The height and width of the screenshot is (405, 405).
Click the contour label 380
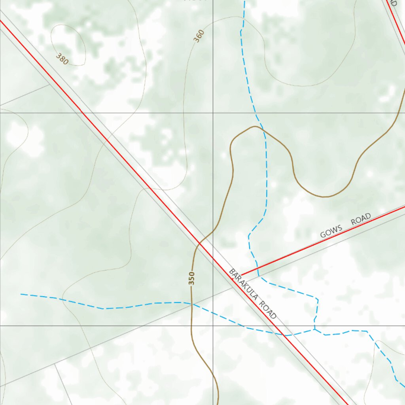[62, 59]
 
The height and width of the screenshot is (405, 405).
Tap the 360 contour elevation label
[199, 36]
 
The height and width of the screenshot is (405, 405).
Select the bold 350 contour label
[192, 278]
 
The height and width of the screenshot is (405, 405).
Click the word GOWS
[331, 231]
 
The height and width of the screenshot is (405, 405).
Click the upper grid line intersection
[213, 113]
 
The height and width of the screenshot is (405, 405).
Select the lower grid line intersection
[213, 326]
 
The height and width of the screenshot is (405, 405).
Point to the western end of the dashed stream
[21, 294]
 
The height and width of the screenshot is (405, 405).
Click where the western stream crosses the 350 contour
[191, 304]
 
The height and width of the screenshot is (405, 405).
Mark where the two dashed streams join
[315, 329]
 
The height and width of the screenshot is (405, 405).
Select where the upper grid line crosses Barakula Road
[82, 113]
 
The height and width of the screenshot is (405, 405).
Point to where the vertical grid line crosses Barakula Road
[213, 259]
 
